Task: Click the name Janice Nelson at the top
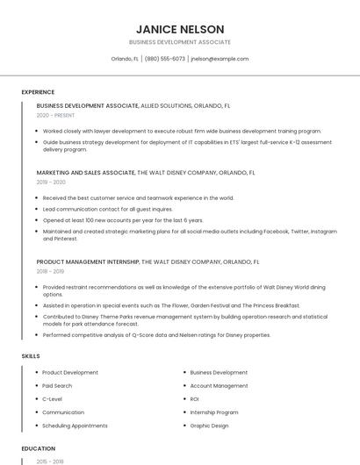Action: [179, 29]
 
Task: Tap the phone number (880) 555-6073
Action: [165, 59]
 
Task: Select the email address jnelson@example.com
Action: [220, 59]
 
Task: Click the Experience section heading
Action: [38, 92]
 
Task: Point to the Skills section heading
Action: [31, 356]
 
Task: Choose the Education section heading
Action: [39, 448]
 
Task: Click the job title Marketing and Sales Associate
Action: [86, 173]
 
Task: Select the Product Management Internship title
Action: [88, 261]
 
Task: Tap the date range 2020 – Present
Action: [55, 115]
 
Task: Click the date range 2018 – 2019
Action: [51, 272]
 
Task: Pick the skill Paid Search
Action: [57, 386]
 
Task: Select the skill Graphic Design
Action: [209, 426]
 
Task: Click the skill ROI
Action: [195, 399]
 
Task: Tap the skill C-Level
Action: [52, 399]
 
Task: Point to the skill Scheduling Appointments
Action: [75, 426]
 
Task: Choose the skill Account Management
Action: [219, 386]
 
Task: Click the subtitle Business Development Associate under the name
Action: [179, 42]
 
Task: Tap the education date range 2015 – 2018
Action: [51, 461]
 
